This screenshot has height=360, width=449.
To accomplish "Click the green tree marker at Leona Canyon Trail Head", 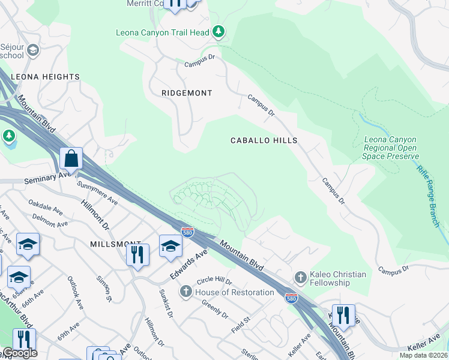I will (219, 32).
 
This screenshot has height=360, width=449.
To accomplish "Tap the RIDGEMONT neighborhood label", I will (187, 93).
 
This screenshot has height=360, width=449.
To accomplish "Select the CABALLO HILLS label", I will (264, 140).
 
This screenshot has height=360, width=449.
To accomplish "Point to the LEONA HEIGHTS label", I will (45, 77).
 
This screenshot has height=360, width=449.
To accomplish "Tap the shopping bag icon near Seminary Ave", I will (71, 160).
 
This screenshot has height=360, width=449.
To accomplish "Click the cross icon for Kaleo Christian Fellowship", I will (300, 278).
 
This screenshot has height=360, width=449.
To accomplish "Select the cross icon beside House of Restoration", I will (186, 292).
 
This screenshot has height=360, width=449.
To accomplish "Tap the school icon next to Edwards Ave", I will (170, 246).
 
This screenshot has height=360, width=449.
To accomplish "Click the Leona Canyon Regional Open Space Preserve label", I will (390, 148).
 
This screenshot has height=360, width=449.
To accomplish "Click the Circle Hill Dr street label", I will (214, 280).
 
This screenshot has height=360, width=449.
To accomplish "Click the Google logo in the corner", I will (20, 353).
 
